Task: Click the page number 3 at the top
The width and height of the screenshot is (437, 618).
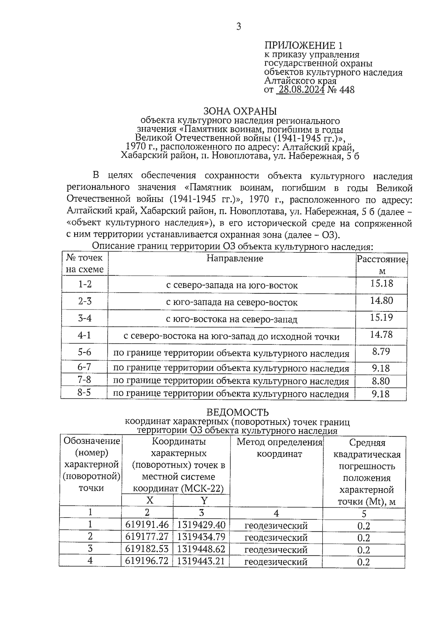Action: coord(239,26)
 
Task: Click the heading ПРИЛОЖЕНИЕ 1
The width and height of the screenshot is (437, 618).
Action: coord(303,46)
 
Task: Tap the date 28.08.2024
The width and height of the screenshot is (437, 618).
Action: coord(301,90)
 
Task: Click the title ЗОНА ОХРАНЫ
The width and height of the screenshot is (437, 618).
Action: coord(240,111)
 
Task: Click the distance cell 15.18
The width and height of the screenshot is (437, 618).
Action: coord(381,283)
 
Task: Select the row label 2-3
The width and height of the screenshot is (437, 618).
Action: coord(85,301)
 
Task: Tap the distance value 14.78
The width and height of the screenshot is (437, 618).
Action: coord(381,334)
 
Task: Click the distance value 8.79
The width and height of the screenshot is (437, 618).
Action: coord(381,351)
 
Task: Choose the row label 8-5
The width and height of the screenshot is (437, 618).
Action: coord(84,393)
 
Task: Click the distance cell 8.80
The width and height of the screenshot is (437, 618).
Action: coord(381,381)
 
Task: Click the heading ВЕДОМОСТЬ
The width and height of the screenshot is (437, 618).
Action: coord(237,412)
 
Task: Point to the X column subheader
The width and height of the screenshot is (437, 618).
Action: coord(150,500)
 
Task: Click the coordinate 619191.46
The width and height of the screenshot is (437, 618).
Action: coord(147,525)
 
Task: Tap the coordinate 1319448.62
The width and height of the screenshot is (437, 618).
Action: coord(201,549)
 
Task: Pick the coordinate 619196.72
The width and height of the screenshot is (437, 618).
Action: coord(147,561)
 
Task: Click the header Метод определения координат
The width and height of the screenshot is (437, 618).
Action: coord(280,448)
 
